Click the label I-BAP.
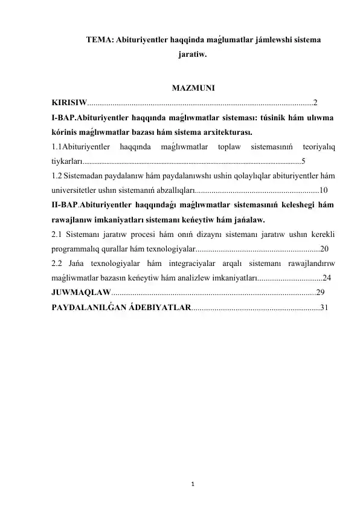[65, 117]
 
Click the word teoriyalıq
[318, 146]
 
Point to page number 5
[303, 161]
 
